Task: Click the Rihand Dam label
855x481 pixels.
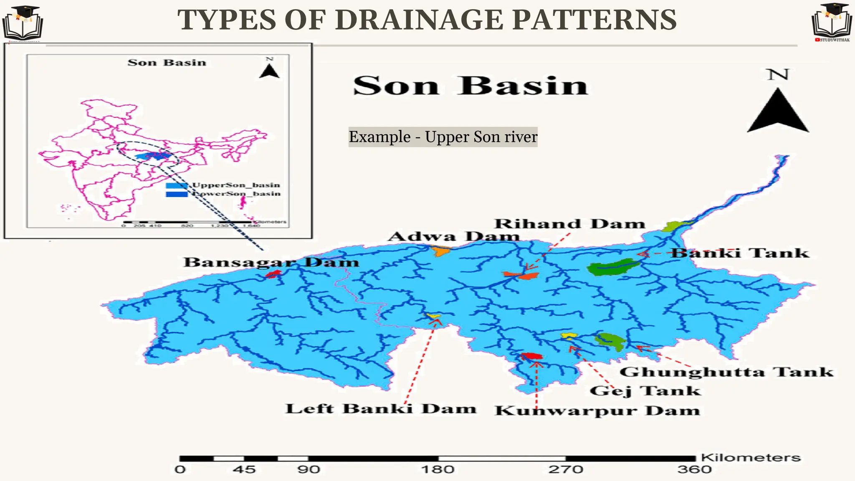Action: pyautogui.click(x=569, y=224)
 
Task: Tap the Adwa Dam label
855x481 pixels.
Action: pyautogui.click(x=453, y=237)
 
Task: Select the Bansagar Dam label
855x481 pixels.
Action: pyautogui.click(x=271, y=262)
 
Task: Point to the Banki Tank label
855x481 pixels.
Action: pyautogui.click(x=739, y=253)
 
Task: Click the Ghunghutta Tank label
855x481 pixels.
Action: pyautogui.click(x=726, y=372)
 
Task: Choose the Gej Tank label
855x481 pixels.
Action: pyautogui.click(x=645, y=391)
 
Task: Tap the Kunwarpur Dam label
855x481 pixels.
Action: pyautogui.click(x=597, y=410)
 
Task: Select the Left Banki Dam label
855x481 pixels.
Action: pyautogui.click(x=380, y=408)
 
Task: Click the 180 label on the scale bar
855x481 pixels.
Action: pyautogui.click(x=438, y=470)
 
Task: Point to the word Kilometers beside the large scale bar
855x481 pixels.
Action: pyautogui.click(x=751, y=458)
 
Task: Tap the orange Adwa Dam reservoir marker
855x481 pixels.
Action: pyautogui.click(x=441, y=251)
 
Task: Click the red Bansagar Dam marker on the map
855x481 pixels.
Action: pyautogui.click(x=273, y=274)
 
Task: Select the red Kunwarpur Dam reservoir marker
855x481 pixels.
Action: pyautogui.click(x=532, y=356)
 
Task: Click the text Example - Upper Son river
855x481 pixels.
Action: pyautogui.click(x=443, y=137)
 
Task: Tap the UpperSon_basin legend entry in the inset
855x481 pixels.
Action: pyautogui.click(x=235, y=185)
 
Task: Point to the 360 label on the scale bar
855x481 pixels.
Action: pyautogui.click(x=694, y=470)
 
